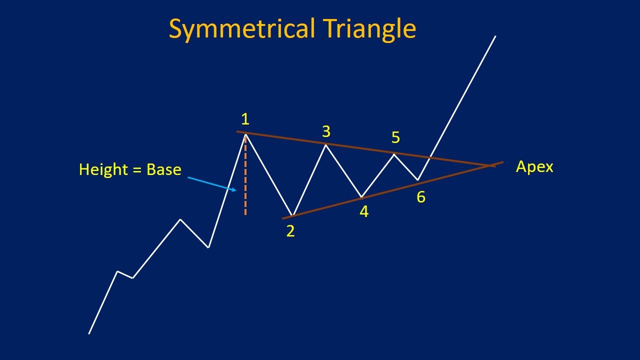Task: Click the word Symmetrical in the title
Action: point(242,29)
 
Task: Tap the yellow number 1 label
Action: point(245,119)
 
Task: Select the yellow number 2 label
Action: point(290,231)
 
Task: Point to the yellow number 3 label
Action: point(326,131)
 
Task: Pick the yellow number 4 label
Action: point(364,211)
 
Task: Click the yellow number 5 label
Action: point(395,137)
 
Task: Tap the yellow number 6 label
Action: point(421,197)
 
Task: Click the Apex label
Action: point(534,167)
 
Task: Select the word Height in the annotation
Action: point(103,169)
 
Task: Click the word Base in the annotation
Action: point(163,169)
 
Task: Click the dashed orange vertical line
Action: point(245,175)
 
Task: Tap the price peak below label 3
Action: point(325,145)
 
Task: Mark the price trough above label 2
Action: point(292,215)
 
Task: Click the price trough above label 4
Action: point(361,197)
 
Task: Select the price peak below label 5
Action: point(394,154)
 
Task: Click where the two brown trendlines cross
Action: point(488,165)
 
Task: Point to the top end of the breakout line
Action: point(495,36)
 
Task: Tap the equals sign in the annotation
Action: point(137,169)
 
